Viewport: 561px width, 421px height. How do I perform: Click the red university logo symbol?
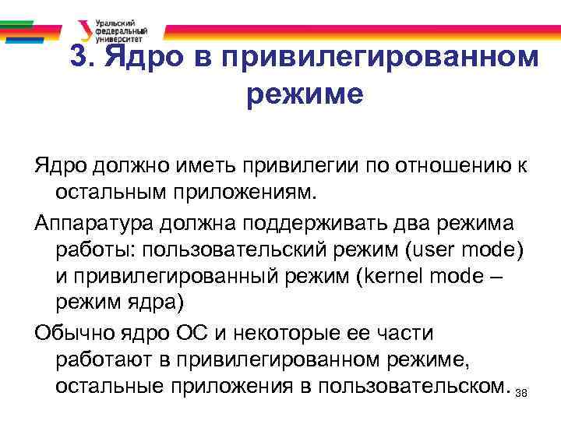tap(84, 30)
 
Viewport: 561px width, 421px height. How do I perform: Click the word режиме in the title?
tap(305, 94)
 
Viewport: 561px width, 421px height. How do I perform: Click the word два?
tap(422, 225)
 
